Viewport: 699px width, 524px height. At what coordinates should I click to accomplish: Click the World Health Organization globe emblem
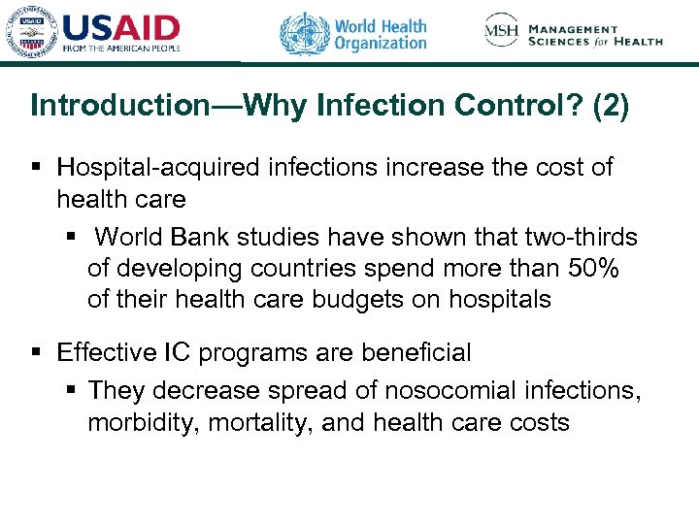[x=304, y=33]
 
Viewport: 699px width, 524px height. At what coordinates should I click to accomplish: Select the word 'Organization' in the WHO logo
[x=380, y=43]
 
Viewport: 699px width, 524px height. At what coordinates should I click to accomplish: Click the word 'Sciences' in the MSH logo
[x=564, y=42]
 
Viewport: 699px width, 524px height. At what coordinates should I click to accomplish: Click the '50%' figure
[x=595, y=269]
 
